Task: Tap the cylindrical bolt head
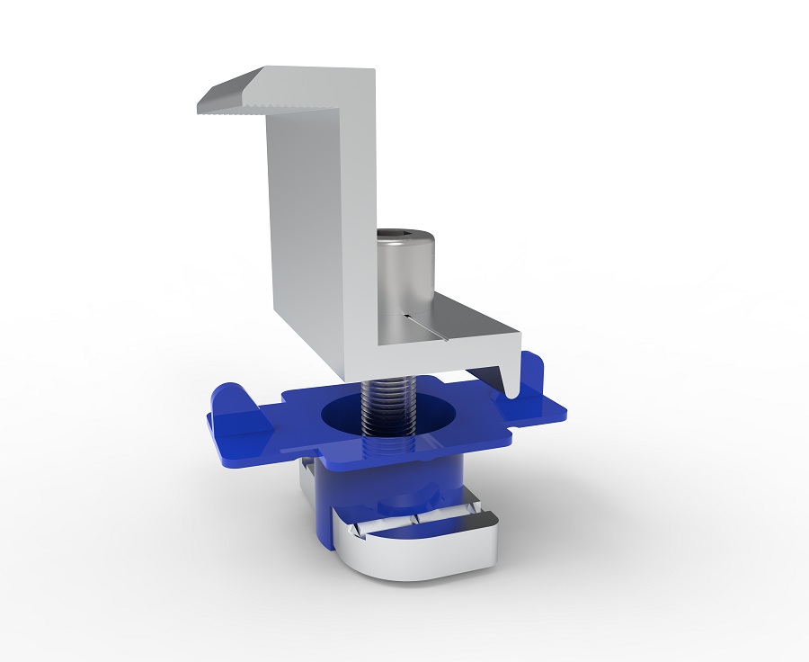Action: [x=404, y=270]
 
